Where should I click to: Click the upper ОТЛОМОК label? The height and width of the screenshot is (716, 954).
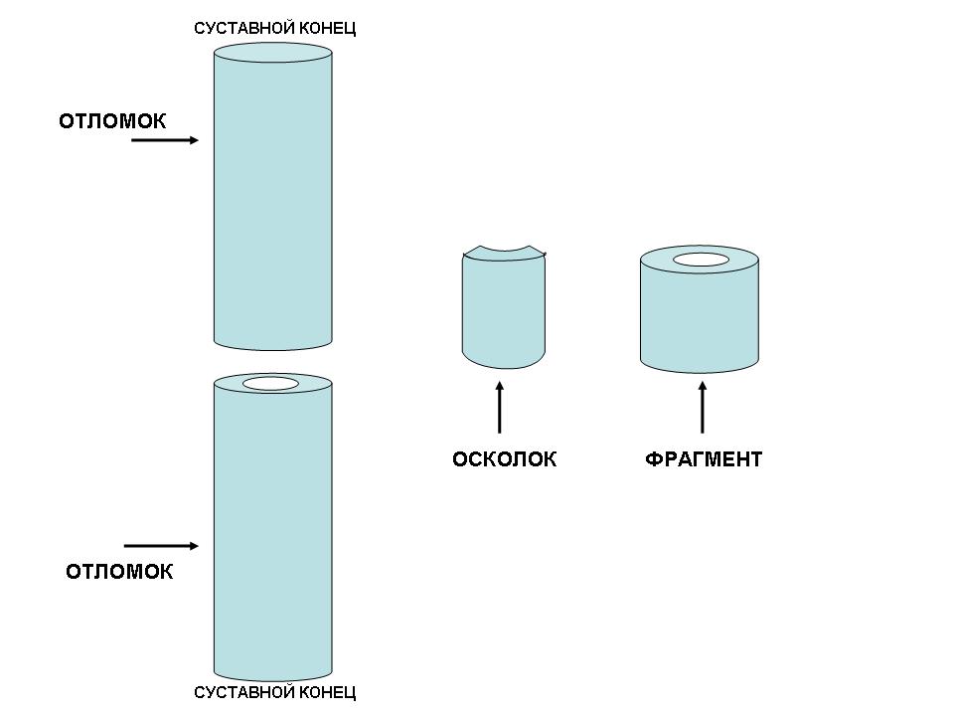112,121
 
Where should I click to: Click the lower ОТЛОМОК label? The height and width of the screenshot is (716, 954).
119,572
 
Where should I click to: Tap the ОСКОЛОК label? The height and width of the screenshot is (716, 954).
504,459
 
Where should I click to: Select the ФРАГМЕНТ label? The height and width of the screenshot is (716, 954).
703,459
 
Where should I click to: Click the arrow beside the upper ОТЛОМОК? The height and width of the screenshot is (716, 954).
165,140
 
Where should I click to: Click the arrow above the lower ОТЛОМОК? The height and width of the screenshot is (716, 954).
161,546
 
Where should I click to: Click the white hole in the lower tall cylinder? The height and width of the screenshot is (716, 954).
270,384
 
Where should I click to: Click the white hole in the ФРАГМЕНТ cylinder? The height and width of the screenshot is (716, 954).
700,261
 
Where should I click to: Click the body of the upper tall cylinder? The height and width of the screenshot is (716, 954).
272,199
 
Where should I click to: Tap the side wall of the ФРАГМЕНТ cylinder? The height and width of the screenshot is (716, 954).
700,318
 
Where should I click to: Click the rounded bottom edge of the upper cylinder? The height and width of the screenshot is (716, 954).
272,347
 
